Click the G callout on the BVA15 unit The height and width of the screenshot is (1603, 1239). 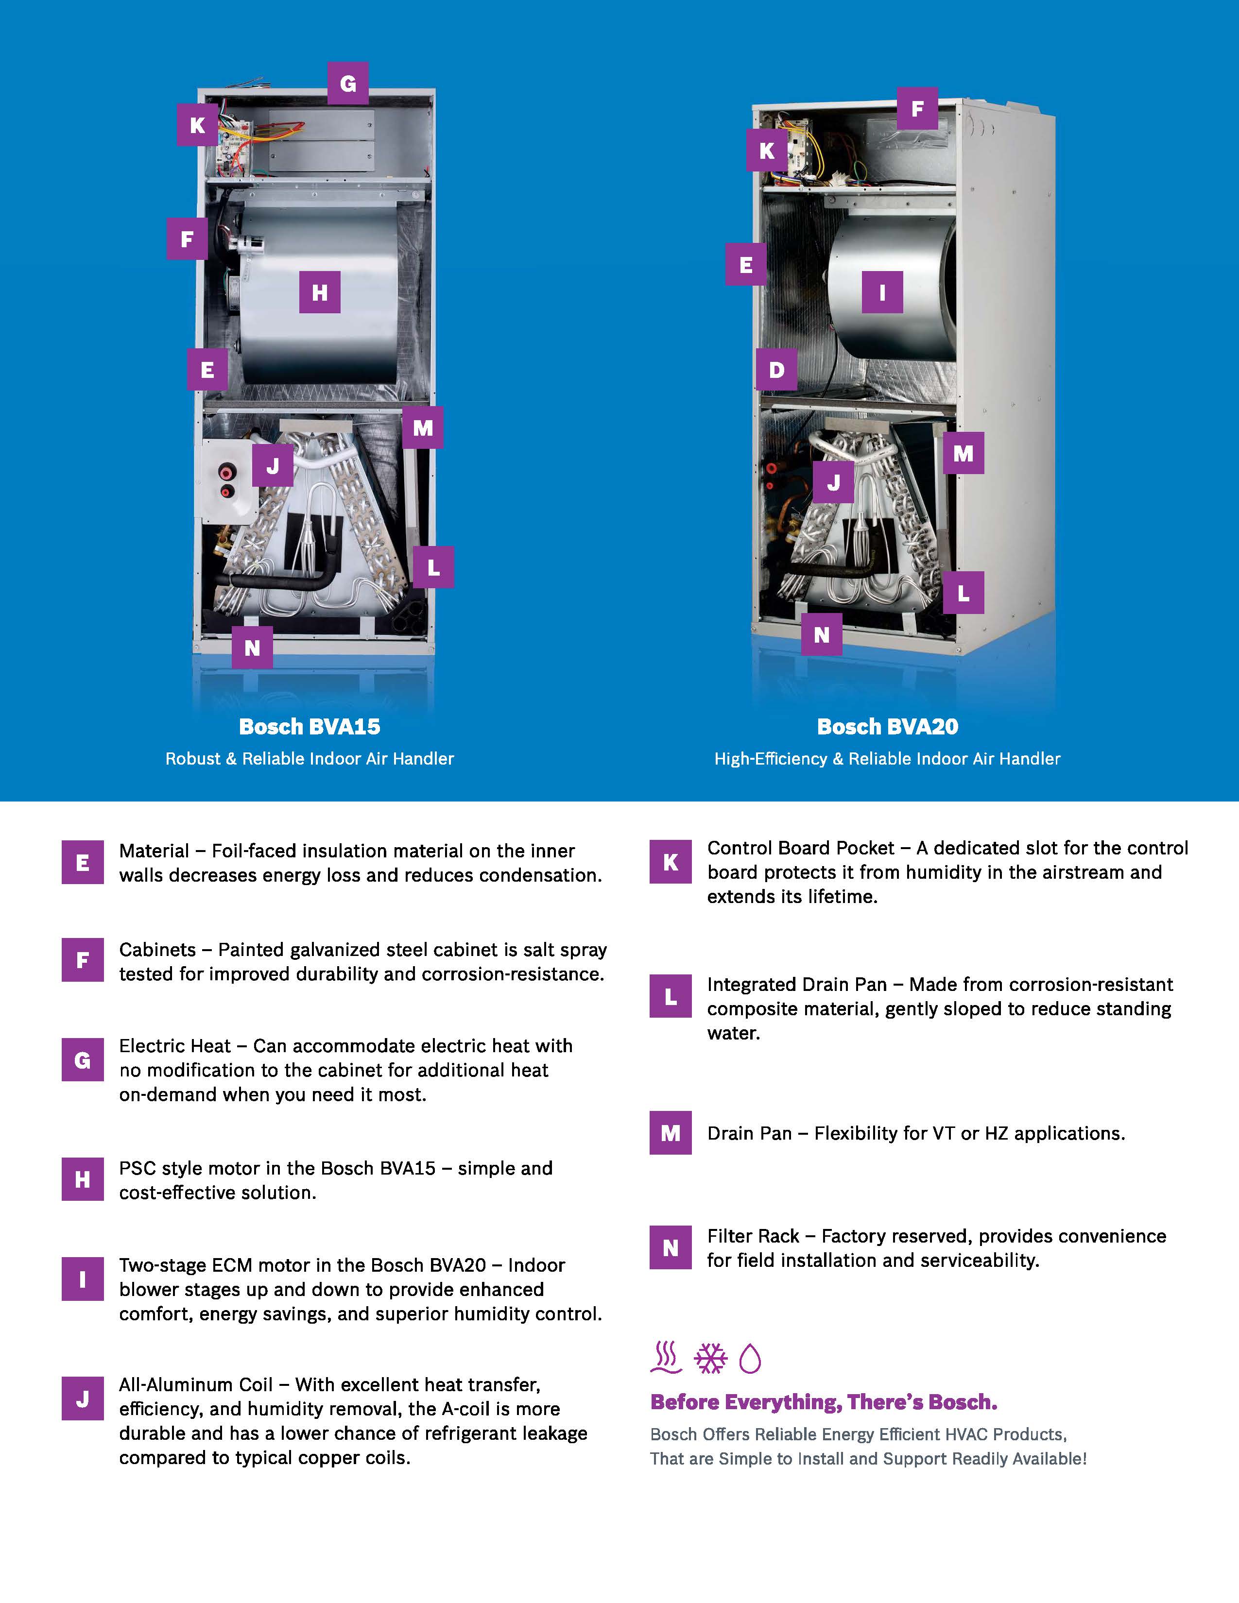pos(348,83)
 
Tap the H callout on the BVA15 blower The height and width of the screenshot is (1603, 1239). pos(319,292)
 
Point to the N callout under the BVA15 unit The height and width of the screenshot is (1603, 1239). pos(252,648)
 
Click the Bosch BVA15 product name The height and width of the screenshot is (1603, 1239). pos(310,727)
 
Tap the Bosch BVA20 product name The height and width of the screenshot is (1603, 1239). pos(887,727)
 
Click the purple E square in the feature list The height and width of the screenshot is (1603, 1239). pos(82,862)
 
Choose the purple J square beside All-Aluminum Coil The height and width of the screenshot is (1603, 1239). pos(82,1399)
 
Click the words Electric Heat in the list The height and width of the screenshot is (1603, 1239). pos(175,1046)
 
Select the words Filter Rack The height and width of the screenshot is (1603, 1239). pos(753,1237)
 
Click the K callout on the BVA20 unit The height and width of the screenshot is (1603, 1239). pos(767,151)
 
